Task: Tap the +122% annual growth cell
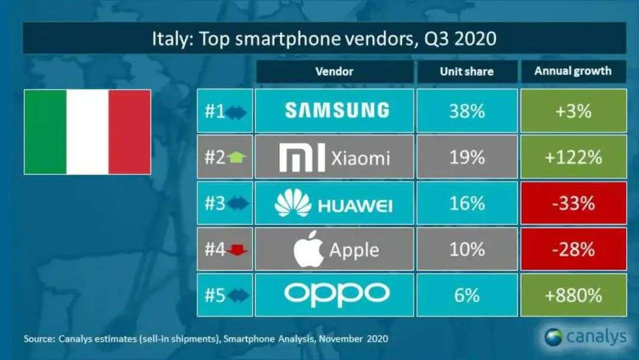click(x=573, y=157)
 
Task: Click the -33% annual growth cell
click(x=573, y=204)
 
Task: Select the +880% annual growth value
click(x=573, y=295)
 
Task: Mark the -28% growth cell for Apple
click(x=573, y=249)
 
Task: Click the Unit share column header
click(x=466, y=72)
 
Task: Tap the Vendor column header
click(x=334, y=72)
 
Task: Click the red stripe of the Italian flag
click(x=130, y=132)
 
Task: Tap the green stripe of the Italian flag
click(x=46, y=132)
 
